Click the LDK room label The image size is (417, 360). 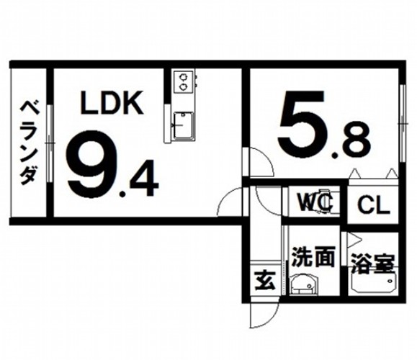[x=112, y=103]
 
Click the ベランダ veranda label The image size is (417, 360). [x=28, y=143]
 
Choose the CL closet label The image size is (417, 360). [x=373, y=205]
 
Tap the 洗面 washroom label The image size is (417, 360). [x=313, y=257]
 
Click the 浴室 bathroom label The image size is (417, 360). [x=372, y=264]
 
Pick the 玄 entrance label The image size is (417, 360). [x=264, y=281]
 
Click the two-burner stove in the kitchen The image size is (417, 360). [x=183, y=81]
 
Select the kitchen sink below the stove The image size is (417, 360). [x=183, y=125]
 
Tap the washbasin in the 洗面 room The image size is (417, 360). [x=303, y=284]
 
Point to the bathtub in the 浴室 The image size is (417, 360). [x=373, y=283]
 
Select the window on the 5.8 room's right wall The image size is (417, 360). [x=402, y=123]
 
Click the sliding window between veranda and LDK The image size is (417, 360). [x=50, y=143]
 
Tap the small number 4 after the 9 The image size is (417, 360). [x=144, y=178]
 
